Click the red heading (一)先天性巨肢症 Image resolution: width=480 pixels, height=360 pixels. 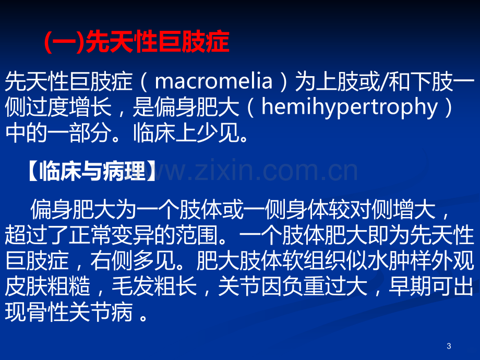coord(137,42)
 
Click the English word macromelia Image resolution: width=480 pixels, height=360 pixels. coord(213,81)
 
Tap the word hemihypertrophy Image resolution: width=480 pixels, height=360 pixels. coord(349,108)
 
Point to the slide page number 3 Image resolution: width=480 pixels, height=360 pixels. coord(449,346)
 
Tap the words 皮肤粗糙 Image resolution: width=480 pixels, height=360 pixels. coord(47,286)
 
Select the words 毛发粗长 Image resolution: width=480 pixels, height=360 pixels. coord(154,286)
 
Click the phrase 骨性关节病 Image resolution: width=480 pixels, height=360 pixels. coord(80,312)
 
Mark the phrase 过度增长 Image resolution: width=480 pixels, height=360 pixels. coord(68,107)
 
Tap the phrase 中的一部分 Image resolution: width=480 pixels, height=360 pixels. coord(58,133)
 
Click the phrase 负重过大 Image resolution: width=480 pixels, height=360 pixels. coord(325,286)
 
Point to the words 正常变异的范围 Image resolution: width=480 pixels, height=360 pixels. coord(143,235)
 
